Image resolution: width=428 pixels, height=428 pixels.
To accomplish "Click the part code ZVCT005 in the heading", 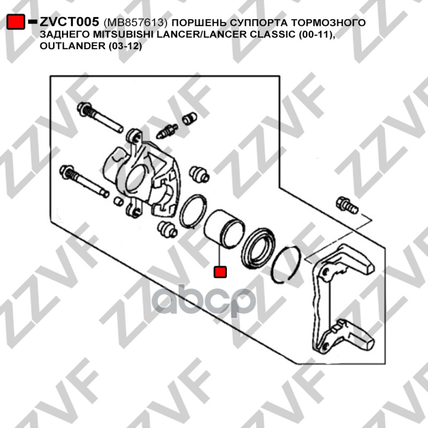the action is (x=70, y=22).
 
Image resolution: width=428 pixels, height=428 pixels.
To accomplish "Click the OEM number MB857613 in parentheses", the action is (x=135, y=22).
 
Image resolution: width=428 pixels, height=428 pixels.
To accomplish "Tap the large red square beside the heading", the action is (x=16, y=22).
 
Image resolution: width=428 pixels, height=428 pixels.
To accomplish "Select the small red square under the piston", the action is (x=220, y=272).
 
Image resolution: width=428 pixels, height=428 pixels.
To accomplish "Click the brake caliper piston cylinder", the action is (x=224, y=230).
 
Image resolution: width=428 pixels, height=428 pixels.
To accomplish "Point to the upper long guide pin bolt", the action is (x=100, y=117).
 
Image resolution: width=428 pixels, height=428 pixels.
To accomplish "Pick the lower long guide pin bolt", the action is (x=84, y=181).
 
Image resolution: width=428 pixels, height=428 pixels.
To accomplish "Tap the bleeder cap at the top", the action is (x=189, y=118).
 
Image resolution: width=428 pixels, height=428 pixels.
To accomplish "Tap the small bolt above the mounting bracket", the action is (x=347, y=205).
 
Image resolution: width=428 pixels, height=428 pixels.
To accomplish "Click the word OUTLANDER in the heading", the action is (x=73, y=46).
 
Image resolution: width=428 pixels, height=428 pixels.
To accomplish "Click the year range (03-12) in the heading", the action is (x=125, y=46).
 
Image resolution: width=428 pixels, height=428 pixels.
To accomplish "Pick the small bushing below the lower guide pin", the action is (x=118, y=201).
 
